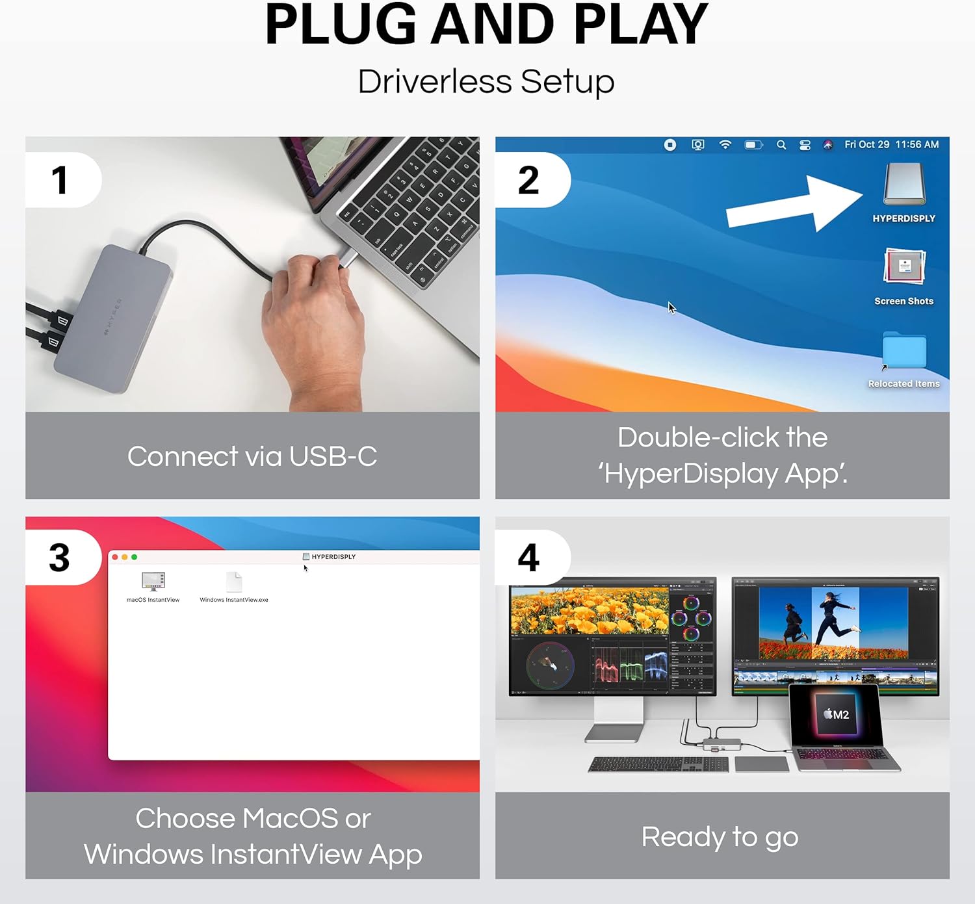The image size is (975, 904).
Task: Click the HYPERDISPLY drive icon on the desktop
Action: tap(904, 185)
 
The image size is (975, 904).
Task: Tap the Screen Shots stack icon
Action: tap(904, 267)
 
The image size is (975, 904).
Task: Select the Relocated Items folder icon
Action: tap(904, 351)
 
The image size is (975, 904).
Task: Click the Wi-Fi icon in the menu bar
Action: tap(725, 145)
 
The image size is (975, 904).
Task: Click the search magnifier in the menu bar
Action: tap(781, 145)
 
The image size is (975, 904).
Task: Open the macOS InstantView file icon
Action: tap(153, 581)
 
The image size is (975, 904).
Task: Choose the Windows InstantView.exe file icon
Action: tap(234, 582)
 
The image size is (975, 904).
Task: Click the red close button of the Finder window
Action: tap(115, 557)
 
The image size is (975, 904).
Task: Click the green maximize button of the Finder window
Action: tap(135, 557)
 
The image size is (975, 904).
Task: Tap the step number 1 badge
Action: tap(60, 180)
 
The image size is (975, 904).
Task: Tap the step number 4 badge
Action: tap(528, 558)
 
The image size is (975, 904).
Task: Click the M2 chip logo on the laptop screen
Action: tap(837, 714)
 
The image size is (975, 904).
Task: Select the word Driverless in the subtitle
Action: tap(434, 82)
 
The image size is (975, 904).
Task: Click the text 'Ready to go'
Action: tap(720, 837)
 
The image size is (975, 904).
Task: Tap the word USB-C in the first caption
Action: tap(333, 456)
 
